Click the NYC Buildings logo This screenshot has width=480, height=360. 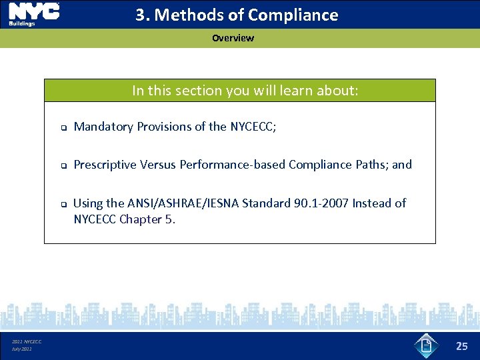[33, 14]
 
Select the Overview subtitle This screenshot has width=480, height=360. [233, 38]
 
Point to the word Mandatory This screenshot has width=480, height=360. [103, 127]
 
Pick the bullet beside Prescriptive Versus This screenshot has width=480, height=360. [59, 165]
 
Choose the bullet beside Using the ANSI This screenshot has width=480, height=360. [59, 204]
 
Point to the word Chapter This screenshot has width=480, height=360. [141, 219]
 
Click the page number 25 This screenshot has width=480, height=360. [462, 345]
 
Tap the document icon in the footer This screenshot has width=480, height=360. [427, 345]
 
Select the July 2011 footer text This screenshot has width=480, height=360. [21, 349]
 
